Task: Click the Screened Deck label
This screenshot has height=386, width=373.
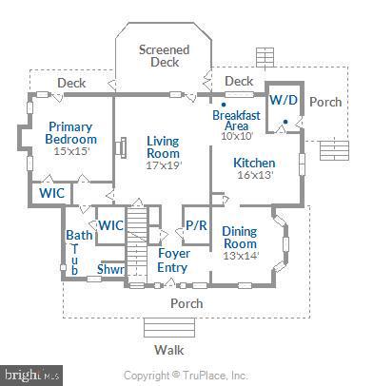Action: coord(164,56)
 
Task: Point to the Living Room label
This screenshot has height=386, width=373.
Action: coord(163,147)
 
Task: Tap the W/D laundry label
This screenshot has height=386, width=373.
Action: coord(283,100)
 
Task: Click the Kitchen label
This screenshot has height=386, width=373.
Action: coord(254,163)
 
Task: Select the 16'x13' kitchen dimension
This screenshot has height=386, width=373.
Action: coord(254,176)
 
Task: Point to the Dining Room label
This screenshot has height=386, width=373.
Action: coord(239,238)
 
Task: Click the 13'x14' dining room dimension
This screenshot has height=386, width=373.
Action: coord(239,256)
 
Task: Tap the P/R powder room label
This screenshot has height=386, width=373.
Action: coord(197,225)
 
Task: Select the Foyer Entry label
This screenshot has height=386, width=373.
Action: coord(172,261)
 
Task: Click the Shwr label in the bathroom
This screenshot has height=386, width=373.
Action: coord(110,269)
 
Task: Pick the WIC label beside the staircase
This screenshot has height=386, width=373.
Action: coord(111,225)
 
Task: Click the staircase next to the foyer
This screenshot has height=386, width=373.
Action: coord(140,234)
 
